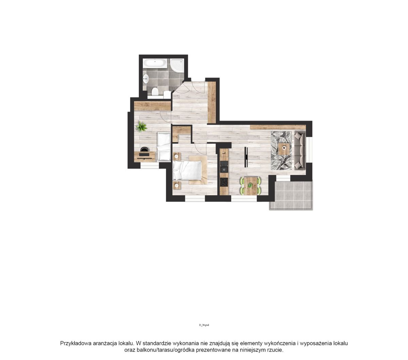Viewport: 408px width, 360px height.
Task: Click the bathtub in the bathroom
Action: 155,63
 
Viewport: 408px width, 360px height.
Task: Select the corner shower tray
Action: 177,66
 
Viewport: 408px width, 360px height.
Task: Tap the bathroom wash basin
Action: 146,79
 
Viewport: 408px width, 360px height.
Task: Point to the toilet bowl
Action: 155,92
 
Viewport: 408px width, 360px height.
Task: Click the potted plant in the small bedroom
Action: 141,126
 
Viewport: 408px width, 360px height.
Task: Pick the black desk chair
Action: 144,149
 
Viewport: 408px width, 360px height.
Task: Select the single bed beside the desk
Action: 164,147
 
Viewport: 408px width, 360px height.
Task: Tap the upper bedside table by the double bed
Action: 177,156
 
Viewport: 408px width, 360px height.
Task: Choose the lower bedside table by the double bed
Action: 177,185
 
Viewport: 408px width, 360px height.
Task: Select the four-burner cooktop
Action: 224,182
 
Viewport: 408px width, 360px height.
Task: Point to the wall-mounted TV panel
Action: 246,157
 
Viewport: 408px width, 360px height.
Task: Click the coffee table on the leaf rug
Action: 284,149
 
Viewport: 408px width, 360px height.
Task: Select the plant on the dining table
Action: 250,185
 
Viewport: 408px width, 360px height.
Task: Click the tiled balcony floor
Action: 291,195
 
